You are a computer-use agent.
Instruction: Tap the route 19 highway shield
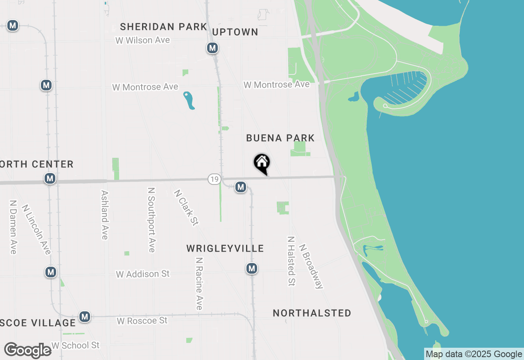(x=214, y=179)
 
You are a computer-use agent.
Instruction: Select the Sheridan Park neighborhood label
(x=163, y=27)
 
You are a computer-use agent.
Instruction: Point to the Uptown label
(x=235, y=32)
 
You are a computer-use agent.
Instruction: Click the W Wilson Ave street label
(x=142, y=40)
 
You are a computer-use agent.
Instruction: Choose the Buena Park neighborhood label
(x=280, y=138)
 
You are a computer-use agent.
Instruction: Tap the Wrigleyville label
(x=225, y=248)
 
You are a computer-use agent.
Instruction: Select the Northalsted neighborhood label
(x=312, y=313)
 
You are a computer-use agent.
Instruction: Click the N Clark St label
(x=186, y=207)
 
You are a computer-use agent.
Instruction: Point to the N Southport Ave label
(x=151, y=220)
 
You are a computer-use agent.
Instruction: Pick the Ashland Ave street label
(x=104, y=215)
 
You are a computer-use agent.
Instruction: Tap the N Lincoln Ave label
(x=36, y=229)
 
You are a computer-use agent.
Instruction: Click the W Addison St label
(x=142, y=274)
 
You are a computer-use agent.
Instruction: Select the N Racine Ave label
(x=199, y=283)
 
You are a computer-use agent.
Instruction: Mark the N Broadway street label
(x=311, y=266)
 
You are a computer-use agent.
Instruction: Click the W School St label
(x=75, y=345)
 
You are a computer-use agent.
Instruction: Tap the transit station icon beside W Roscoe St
(x=85, y=317)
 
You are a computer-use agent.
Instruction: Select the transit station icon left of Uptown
(x=212, y=48)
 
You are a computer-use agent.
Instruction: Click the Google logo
(x=28, y=350)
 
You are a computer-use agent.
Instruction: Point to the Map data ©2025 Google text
(x=474, y=354)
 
